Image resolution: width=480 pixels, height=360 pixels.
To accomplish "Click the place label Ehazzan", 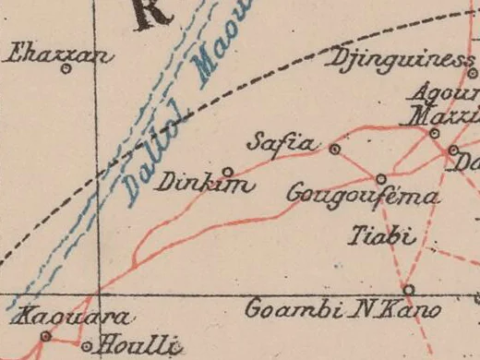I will tap(59, 54).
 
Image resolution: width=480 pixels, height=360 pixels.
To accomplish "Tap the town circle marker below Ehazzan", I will tap(66, 70).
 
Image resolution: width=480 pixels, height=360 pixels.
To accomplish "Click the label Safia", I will tap(282, 143).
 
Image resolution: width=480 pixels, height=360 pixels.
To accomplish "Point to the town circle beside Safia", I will tap(334, 148).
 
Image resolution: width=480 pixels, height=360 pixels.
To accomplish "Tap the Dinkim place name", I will tap(203, 184).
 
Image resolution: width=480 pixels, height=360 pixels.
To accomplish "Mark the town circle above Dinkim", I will tap(227, 171).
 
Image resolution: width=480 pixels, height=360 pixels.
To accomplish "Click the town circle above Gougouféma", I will tap(380, 178).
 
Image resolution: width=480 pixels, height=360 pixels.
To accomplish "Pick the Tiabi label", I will tap(379, 236).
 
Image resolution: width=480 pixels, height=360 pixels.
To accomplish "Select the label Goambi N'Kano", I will tap(342, 309).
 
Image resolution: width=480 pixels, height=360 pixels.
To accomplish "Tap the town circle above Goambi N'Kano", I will tap(409, 289).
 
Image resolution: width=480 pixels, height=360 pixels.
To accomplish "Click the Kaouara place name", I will tap(72, 317).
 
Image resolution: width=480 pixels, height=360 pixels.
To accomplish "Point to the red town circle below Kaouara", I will tap(44, 337).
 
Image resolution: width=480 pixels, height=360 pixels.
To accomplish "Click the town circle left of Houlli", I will tap(87, 347).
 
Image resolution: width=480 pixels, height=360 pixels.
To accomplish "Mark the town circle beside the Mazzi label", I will tap(434, 133).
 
